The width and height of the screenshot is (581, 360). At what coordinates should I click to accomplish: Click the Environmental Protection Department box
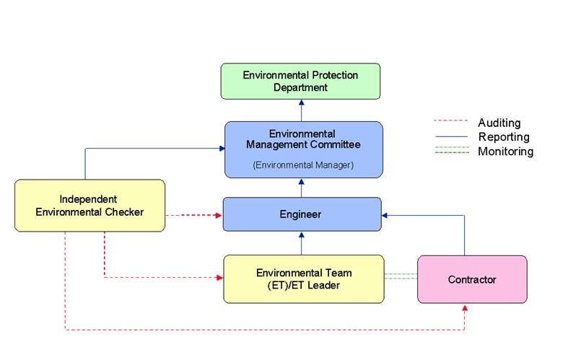pyautogui.click(x=300, y=81)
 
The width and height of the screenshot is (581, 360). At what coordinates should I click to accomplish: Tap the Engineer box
pyautogui.click(x=301, y=214)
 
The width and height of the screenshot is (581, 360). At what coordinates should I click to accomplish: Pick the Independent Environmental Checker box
pyautogui.click(x=90, y=206)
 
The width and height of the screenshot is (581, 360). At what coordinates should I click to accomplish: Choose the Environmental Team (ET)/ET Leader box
pyautogui.click(x=304, y=278)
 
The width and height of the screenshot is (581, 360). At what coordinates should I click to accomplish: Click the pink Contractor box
pyautogui.click(x=472, y=279)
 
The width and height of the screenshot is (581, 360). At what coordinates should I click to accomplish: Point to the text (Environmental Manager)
pyautogui.click(x=303, y=165)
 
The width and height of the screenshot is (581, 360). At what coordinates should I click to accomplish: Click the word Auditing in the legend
pyautogui.click(x=499, y=123)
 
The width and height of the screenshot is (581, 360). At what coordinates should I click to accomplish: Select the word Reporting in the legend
pyautogui.click(x=503, y=137)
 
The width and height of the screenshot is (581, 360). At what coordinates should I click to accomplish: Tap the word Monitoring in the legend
pyautogui.click(x=505, y=152)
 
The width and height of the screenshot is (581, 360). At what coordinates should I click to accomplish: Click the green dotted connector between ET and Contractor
pyautogui.click(x=401, y=276)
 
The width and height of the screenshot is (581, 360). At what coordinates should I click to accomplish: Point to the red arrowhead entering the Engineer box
pyautogui.click(x=219, y=215)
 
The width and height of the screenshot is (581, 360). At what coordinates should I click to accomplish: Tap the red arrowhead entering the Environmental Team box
pyautogui.click(x=219, y=276)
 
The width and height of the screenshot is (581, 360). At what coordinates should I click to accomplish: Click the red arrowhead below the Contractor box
pyautogui.click(x=465, y=308)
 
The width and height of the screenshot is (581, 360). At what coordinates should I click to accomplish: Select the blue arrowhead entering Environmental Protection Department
pyautogui.click(x=301, y=103)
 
